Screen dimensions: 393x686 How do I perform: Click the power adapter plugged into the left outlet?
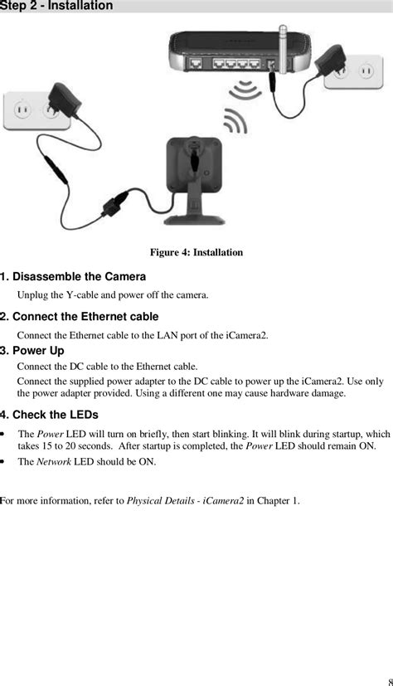[60, 100]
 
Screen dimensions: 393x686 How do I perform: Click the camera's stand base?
[195, 217]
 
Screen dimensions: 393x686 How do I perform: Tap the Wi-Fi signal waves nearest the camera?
[235, 122]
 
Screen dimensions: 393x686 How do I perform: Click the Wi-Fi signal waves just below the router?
[246, 90]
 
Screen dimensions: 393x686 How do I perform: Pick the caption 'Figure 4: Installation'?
[196, 252]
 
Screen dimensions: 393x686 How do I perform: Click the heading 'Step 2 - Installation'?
[56, 6]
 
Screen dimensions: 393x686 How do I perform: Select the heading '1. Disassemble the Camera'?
[73, 276]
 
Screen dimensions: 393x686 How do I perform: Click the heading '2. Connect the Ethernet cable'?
[79, 316]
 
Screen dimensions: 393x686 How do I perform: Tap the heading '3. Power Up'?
[32, 351]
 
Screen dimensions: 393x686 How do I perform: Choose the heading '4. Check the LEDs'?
[49, 414]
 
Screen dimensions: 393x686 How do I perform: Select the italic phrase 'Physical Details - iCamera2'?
[185, 501]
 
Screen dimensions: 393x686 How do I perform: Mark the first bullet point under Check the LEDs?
[7, 434]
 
